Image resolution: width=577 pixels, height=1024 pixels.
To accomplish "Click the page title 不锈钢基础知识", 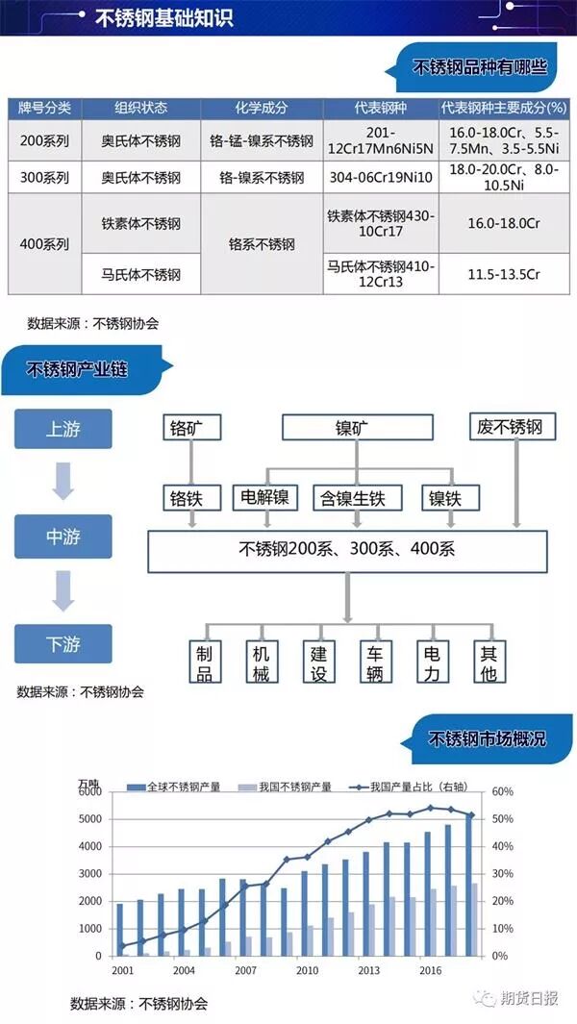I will [x=163, y=19].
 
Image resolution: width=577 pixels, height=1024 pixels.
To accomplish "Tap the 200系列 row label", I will [x=45, y=140].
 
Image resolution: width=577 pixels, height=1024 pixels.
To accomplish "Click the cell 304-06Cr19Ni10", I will [x=381, y=178].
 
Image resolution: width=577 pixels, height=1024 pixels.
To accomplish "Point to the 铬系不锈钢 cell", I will [x=262, y=244].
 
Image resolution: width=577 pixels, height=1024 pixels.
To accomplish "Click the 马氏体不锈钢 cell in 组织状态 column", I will [x=141, y=275].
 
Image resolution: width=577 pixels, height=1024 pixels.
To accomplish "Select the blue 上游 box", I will [x=63, y=429].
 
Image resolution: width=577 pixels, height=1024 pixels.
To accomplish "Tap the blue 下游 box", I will [x=63, y=643].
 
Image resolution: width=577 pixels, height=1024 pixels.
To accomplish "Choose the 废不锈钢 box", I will [x=510, y=427].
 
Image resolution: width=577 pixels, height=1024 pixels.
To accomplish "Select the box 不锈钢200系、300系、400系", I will [x=347, y=550].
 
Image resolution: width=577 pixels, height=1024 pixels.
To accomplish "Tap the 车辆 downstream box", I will [x=374, y=662].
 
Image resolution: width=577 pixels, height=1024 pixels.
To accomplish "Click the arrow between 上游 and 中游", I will [x=63, y=481].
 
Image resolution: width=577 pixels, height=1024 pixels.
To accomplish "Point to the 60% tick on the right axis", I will [x=503, y=791].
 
